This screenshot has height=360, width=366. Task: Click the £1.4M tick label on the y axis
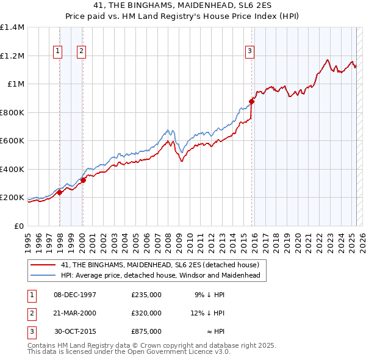coord(12,27)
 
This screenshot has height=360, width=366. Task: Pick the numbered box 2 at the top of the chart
coord(81,52)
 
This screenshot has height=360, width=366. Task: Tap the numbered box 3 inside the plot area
coord(249,52)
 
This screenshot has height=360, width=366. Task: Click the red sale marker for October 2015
coord(251,102)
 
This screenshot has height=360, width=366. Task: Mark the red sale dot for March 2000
coord(83,180)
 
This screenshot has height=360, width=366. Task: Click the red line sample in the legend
coord(43,265)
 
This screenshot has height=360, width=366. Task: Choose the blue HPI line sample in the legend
coord(43,275)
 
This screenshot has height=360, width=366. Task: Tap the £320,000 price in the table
coord(146,313)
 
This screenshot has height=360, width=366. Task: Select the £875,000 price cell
coord(146,331)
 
